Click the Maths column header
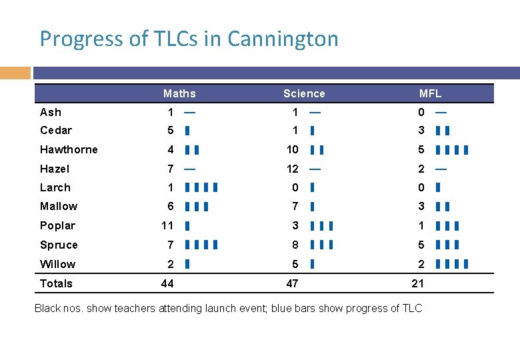(179, 93)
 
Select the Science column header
(304, 93)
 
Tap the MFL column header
(430, 93)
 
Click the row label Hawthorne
(69, 149)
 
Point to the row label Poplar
(57, 225)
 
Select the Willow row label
(57, 264)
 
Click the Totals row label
(56, 283)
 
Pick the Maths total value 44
(167, 283)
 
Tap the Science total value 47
(292, 283)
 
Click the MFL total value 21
(417, 283)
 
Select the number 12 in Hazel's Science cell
(292, 169)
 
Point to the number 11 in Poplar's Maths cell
(167, 225)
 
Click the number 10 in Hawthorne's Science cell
(292, 149)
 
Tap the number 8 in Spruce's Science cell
(295, 245)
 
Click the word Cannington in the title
(283, 39)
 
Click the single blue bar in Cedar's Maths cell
(187, 131)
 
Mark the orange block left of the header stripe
(15, 72)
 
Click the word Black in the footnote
(48, 308)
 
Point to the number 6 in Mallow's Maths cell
(171, 207)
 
